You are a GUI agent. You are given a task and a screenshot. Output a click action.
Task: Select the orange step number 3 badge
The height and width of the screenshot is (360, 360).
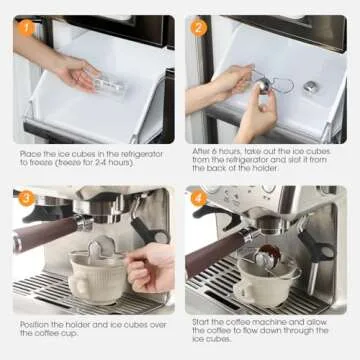coord(25,197)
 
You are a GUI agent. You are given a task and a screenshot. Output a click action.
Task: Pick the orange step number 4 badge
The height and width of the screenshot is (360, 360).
coord(199,197)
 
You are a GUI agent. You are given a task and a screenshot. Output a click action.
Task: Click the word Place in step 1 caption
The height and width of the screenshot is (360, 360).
coord(30,153)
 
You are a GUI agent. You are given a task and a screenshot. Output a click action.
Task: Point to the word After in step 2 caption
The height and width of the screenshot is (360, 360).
coord(204,150)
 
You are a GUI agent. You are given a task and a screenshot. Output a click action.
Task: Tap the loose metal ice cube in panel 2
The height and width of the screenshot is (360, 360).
coord(311,87)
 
